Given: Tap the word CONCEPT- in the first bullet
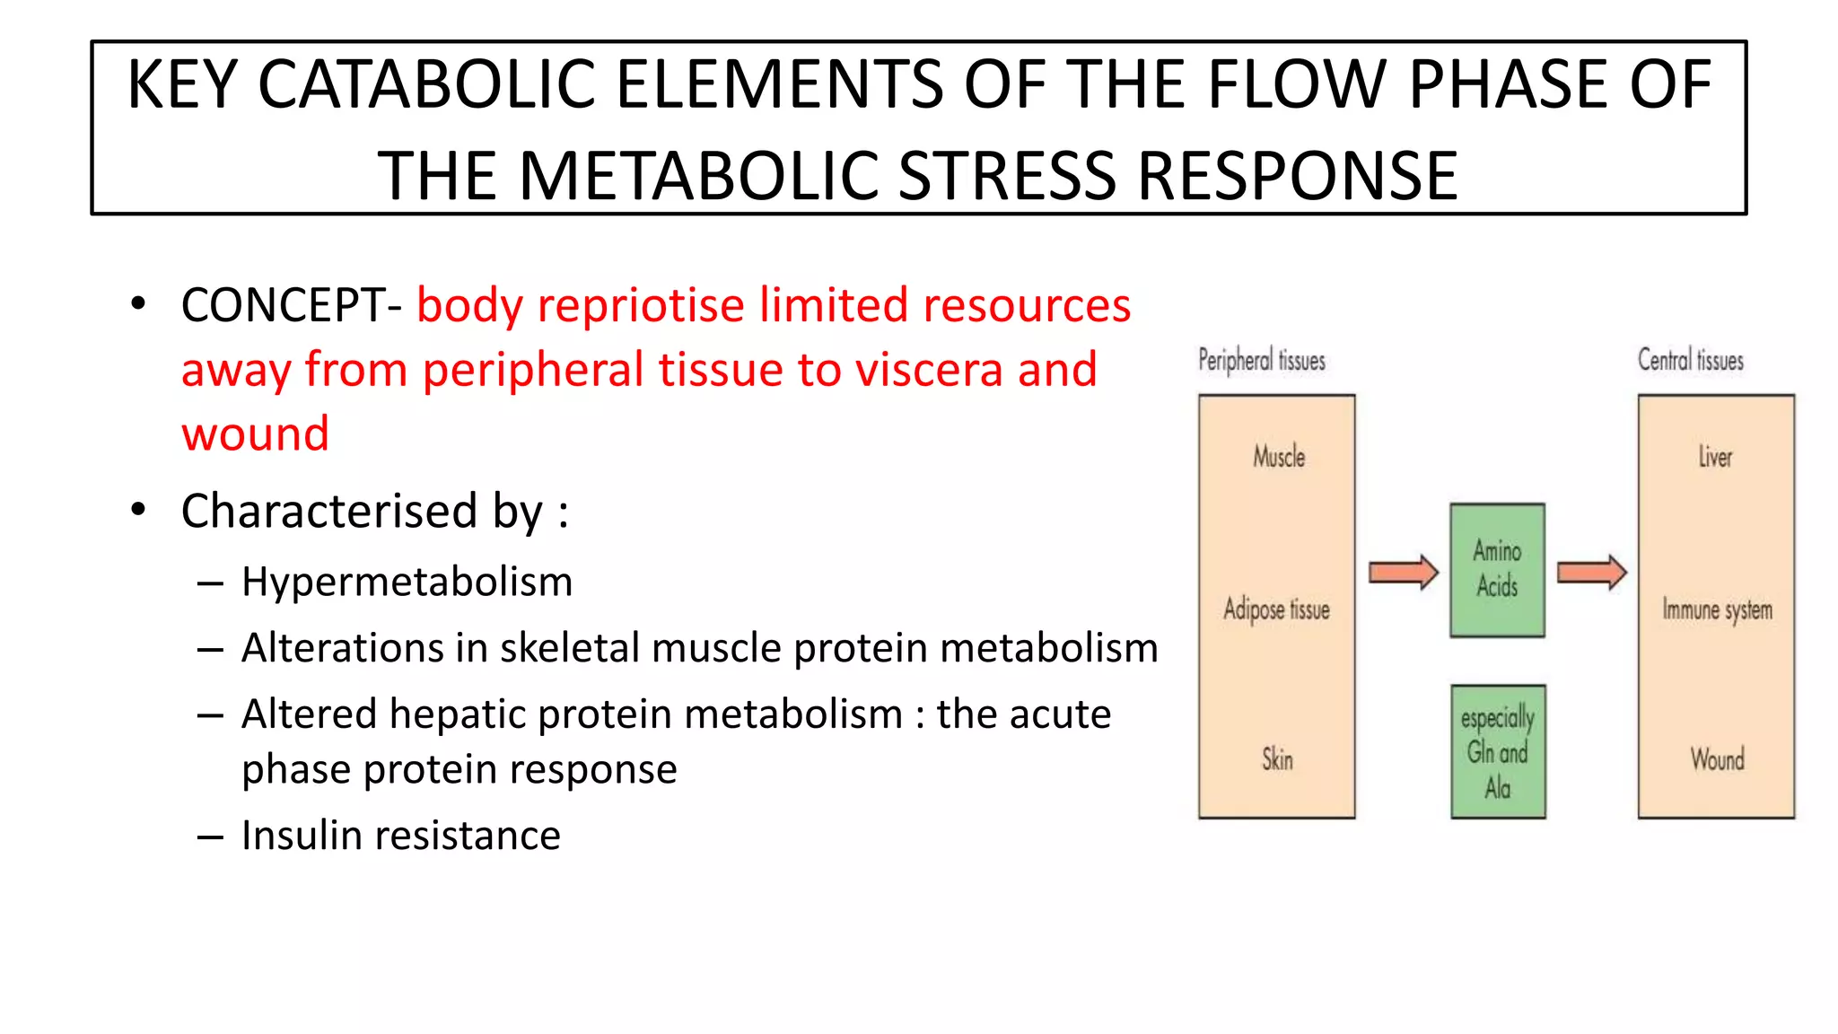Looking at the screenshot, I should [x=292, y=305].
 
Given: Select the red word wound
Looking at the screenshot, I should [x=256, y=434].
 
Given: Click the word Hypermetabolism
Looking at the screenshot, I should [x=407, y=582].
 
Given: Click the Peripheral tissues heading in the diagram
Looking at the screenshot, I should [x=1261, y=361].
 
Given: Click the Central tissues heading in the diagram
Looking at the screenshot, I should [x=1690, y=361].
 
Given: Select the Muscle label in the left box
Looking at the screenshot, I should [x=1279, y=457].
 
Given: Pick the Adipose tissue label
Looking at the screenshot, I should [x=1276, y=609].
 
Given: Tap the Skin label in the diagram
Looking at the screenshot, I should [x=1277, y=759].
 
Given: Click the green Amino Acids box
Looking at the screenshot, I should [x=1497, y=570].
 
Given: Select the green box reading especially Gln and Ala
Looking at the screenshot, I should [x=1497, y=752].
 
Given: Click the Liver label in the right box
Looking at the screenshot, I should [x=1715, y=457].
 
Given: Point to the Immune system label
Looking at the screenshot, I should [x=1717, y=609].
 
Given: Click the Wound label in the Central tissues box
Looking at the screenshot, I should [x=1717, y=759].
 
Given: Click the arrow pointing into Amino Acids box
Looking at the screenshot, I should [x=1404, y=572].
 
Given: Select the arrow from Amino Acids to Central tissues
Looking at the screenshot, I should [x=1591, y=572].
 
